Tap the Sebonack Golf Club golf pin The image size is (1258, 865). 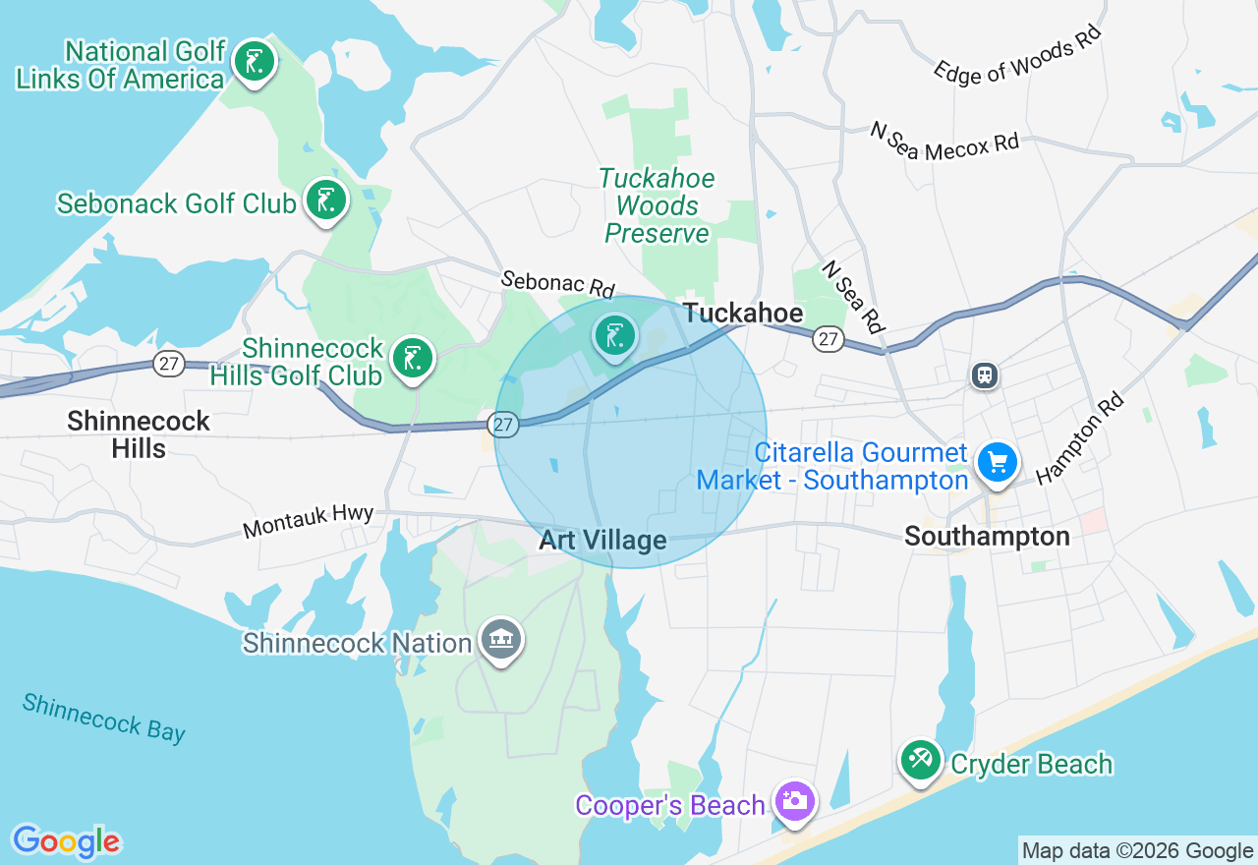325,201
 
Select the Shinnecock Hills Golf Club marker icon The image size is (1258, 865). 413,359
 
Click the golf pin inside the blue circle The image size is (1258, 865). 615,337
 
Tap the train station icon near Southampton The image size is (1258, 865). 984,375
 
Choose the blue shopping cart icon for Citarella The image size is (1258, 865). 998,461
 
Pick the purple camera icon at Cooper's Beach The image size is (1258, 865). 793,801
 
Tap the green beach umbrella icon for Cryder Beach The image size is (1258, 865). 921,760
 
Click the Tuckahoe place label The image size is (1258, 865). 743,314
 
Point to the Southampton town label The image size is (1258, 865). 987,537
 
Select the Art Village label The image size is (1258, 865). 602,540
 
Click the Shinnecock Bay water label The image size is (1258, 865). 104,718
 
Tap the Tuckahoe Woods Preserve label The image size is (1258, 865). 658,206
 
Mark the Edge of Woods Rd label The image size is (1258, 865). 1016,55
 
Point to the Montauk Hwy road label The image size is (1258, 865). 308,520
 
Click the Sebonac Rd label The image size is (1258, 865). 557,284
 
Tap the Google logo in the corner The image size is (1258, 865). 66,841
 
